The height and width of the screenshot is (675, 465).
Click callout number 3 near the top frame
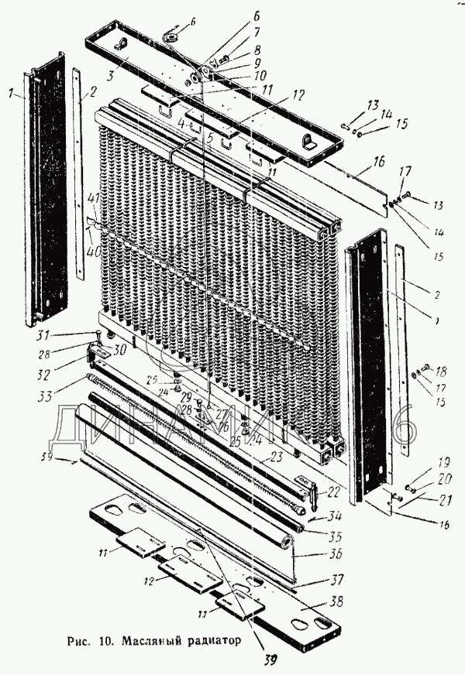[x=112, y=76]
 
